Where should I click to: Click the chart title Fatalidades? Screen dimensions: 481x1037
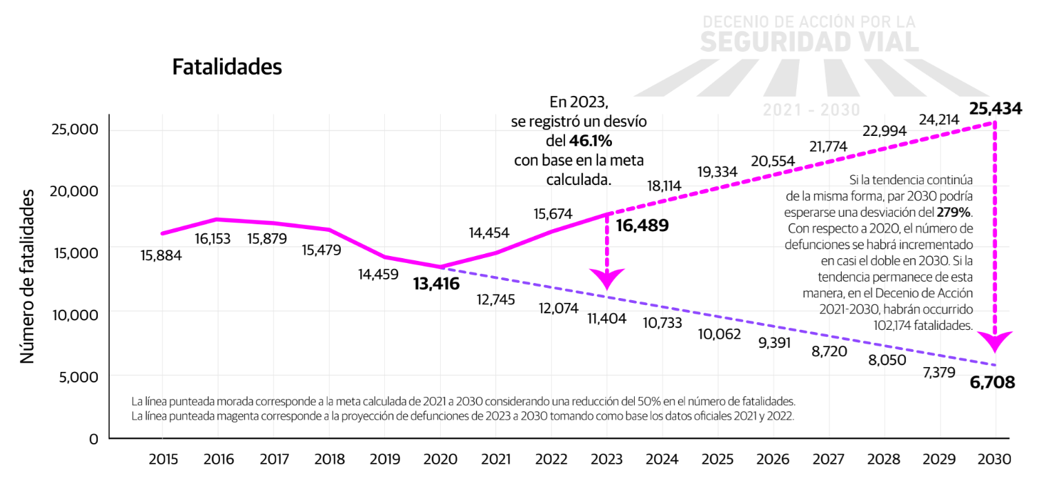(227, 68)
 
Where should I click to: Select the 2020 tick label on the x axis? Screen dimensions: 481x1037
(440, 459)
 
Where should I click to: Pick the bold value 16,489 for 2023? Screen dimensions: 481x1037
(642, 225)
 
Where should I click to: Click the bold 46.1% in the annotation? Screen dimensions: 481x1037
(591, 141)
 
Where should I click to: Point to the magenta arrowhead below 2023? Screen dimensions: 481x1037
(607, 279)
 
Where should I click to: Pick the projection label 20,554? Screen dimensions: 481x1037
(773, 161)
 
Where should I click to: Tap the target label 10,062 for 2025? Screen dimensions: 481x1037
(719, 335)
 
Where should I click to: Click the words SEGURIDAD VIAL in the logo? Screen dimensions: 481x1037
(809, 42)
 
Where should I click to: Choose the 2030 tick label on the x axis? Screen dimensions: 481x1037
(994, 459)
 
